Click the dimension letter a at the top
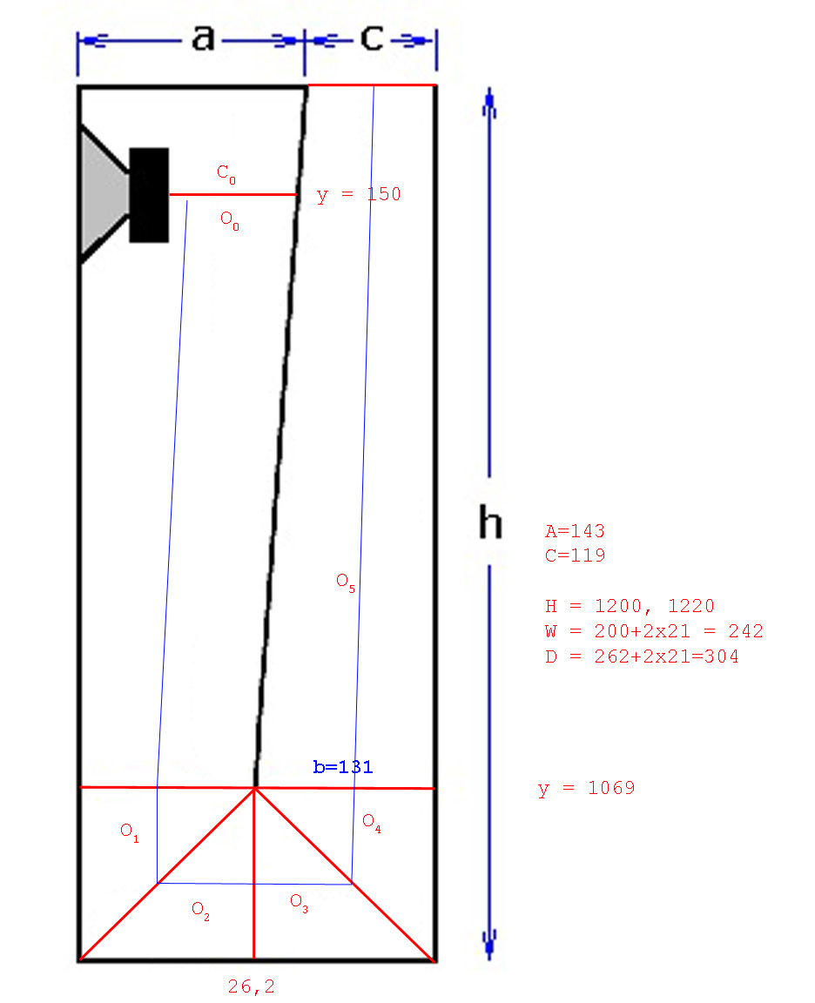point(203,38)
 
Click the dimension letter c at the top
point(372,38)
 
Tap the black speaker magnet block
point(149,195)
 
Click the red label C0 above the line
point(226,173)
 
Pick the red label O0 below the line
point(230,220)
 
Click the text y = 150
point(359,194)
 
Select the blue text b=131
point(343,766)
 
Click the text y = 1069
point(587,788)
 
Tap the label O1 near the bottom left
point(129,832)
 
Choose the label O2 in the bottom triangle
point(200,910)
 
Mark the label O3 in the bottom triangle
point(299,903)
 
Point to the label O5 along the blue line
point(346,582)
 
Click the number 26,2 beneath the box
point(252,986)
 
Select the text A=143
point(575,531)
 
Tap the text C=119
point(575,555)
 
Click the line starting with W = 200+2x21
point(654,631)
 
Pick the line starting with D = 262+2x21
point(642,656)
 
